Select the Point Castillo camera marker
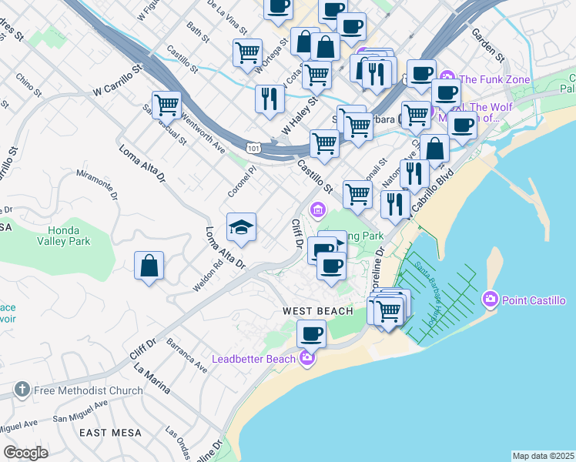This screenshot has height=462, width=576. pyautogui.click(x=490, y=299)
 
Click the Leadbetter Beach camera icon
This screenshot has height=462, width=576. pyautogui.click(x=307, y=357)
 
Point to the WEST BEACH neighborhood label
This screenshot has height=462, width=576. pyautogui.click(x=317, y=311)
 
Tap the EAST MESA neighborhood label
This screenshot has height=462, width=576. pyautogui.click(x=112, y=433)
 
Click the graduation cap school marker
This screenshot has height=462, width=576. pyautogui.click(x=241, y=227)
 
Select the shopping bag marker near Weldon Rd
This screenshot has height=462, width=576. pyautogui.click(x=149, y=266)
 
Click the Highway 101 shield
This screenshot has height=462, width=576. pyautogui.click(x=254, y=146)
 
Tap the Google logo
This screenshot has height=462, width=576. pyautogui.click(x=25, y=453)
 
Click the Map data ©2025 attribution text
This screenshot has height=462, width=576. pyautogui.click(x=543, y=456)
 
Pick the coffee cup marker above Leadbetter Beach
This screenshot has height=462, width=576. pyautogui.click(x=311, y=334)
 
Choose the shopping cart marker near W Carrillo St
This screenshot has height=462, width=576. pyautogui.click(x=166, y=104)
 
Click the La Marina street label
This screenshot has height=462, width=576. pyautogui.click(x=151, y=378)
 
